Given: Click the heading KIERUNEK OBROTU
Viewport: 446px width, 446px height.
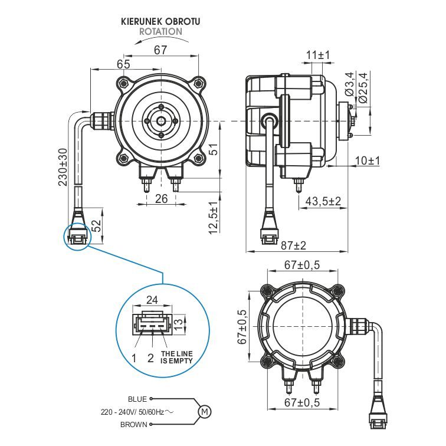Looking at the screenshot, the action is pyautogui.click(x=160, y=22).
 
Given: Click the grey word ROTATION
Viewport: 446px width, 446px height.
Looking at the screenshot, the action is pyautogui.click(x=160, y=31).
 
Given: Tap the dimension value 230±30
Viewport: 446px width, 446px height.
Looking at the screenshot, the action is pyautogui.click(x=63, y=167).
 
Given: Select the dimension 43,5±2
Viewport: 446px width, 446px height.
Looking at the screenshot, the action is pyautogui.click(x=323, y=201).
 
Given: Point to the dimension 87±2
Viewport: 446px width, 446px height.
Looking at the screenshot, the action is pyautogui.click(x=293, y=245).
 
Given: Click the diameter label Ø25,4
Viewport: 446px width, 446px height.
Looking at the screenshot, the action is pyautogui.click(x=363, y=88).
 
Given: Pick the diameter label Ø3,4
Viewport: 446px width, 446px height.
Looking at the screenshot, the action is pyautogui.click(x=350, y=84).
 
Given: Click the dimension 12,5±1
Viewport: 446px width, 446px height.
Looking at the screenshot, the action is pyautogui.click(x=214, y=218).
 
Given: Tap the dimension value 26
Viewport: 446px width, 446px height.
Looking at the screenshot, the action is pyautogui.click(x=161, y=199).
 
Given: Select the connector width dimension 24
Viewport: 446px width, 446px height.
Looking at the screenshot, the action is pyautogui.click(x=152, y=300).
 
